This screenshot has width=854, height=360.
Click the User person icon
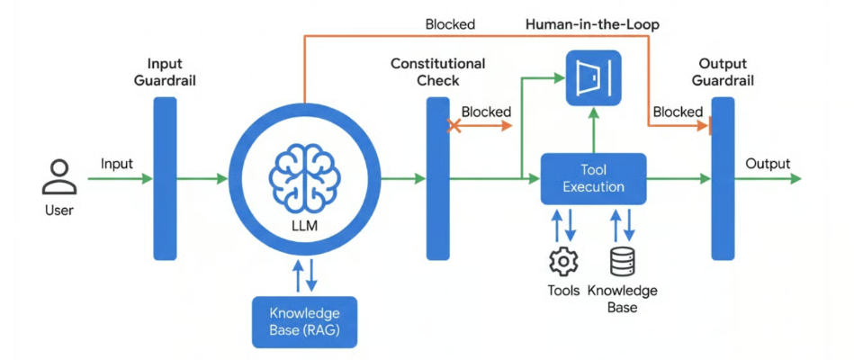pos(58,177)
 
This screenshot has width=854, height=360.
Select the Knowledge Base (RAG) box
pos(306,321)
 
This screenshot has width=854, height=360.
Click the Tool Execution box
pos(593,178)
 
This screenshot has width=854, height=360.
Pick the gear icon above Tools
pos(563,262)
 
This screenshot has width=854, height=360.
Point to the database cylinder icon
pos(622,262)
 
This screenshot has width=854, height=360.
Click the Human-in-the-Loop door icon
pos(593,76)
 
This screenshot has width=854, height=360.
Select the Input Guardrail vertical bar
pos(166,178)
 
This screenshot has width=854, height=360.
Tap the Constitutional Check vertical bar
pos(437,178)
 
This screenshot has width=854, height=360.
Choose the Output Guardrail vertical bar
pos(723,178)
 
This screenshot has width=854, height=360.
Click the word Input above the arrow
pos(117,164)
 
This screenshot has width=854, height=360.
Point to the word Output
pos(768,164)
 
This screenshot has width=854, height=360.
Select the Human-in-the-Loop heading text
pos(592,25)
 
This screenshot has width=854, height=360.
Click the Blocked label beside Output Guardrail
pos(678,112)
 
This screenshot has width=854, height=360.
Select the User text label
pos(58,211)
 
